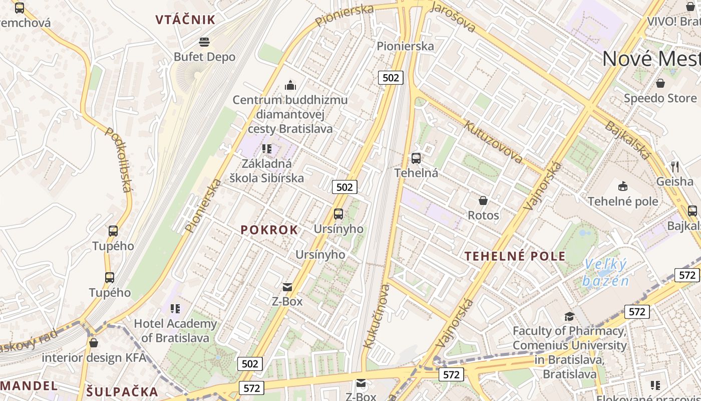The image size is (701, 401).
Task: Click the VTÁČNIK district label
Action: click(185, 20)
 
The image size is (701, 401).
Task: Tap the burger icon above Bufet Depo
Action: click(204, 42)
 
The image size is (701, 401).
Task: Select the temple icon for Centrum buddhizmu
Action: click(290, 85)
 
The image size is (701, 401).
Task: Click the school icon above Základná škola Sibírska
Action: click(267, 149)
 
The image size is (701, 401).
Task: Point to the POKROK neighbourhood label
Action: click(269, 230)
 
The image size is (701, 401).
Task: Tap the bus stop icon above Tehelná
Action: click(416, 158)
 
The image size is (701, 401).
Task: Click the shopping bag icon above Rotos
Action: click(483, 200)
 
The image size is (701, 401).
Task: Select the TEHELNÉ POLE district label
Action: click(515, 257)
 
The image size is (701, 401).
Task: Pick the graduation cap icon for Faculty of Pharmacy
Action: click(569, 316)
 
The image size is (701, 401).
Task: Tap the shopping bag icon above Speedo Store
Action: click(660, 83)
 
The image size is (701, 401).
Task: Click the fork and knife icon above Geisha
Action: click(674, 166)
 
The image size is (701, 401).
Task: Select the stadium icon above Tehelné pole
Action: click(623, 186)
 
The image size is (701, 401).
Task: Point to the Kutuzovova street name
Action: click(494, 142)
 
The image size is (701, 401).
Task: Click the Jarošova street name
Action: click(453, 17)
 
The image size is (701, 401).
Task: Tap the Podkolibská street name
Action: click(119, 159)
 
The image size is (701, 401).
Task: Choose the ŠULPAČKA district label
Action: click(122, 392)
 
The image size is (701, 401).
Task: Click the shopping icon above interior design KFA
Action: click(93, 343)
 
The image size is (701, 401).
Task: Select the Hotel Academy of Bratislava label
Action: click(175, 331)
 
